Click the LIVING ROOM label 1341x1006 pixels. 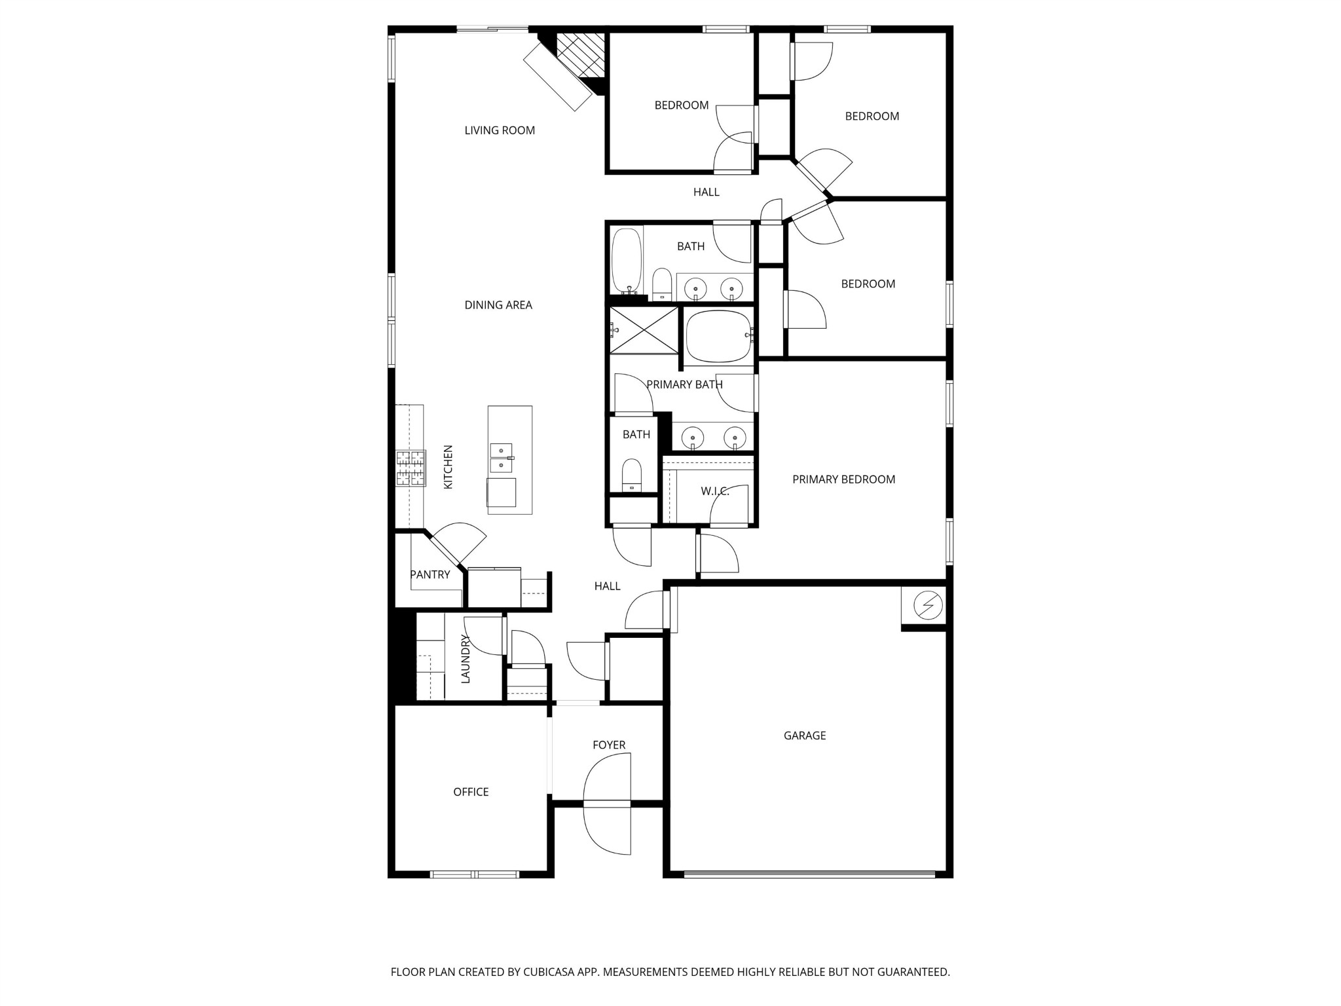[500, 130]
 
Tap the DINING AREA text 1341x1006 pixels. [498, 305]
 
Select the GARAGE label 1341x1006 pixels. [804, 736]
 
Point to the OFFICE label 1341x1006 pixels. [471, 792]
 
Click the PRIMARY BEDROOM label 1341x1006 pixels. [843, 479]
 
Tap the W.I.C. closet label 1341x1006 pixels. [714, 491]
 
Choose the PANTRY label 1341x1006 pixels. [430, 574]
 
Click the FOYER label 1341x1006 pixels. [609, 745]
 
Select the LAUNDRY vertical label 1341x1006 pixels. [466, 659]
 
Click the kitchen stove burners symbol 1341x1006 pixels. [411, 468]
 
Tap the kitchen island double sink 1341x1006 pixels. [501, 458]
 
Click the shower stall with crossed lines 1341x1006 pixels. [644, 330]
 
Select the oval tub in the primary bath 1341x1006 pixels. [719, 337]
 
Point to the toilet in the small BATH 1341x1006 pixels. [632, 474]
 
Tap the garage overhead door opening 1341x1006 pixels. [809, 874]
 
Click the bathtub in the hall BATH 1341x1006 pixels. [627, 261]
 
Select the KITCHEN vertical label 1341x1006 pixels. [449, 467]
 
